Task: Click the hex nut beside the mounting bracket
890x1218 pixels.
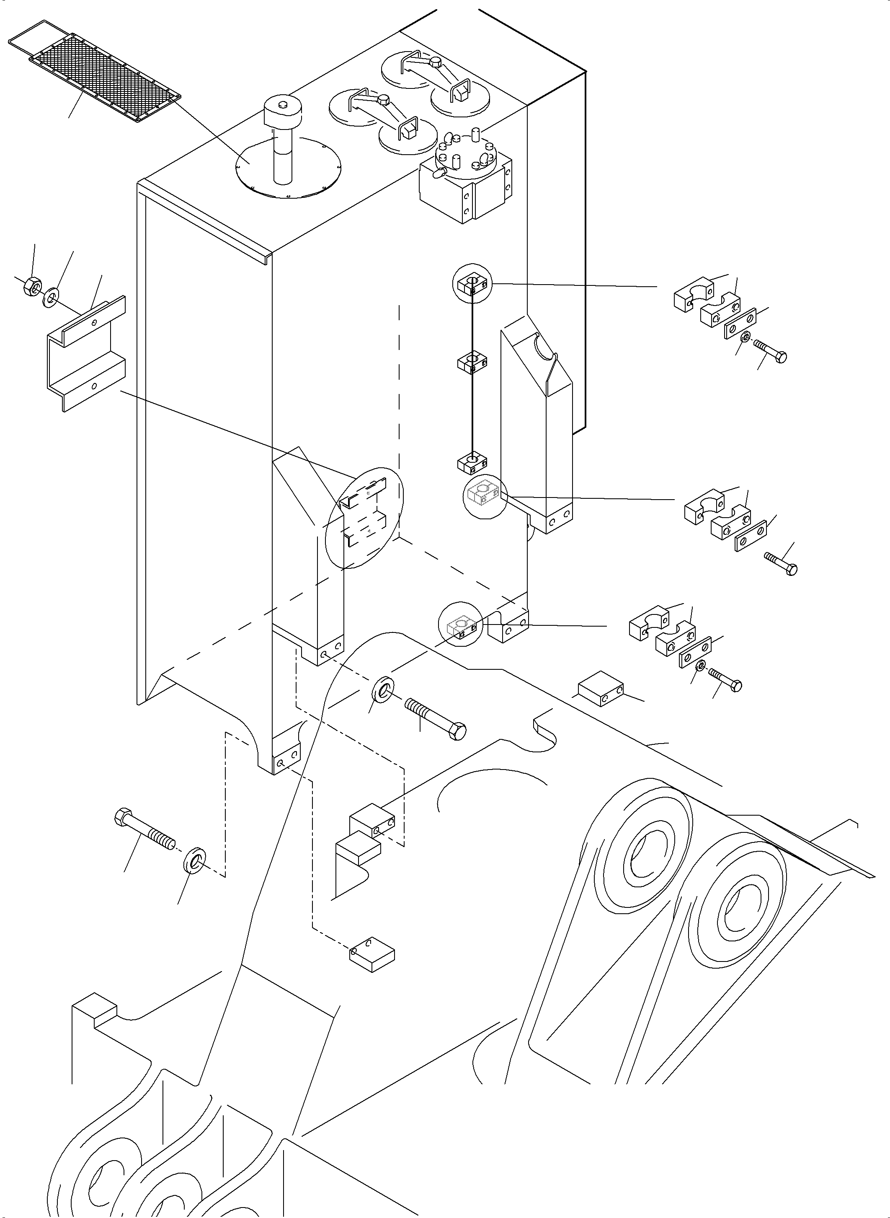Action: tap(30, 288)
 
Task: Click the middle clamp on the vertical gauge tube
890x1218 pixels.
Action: tap(472, 362)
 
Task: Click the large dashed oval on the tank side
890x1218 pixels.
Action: tap(365, 518)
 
